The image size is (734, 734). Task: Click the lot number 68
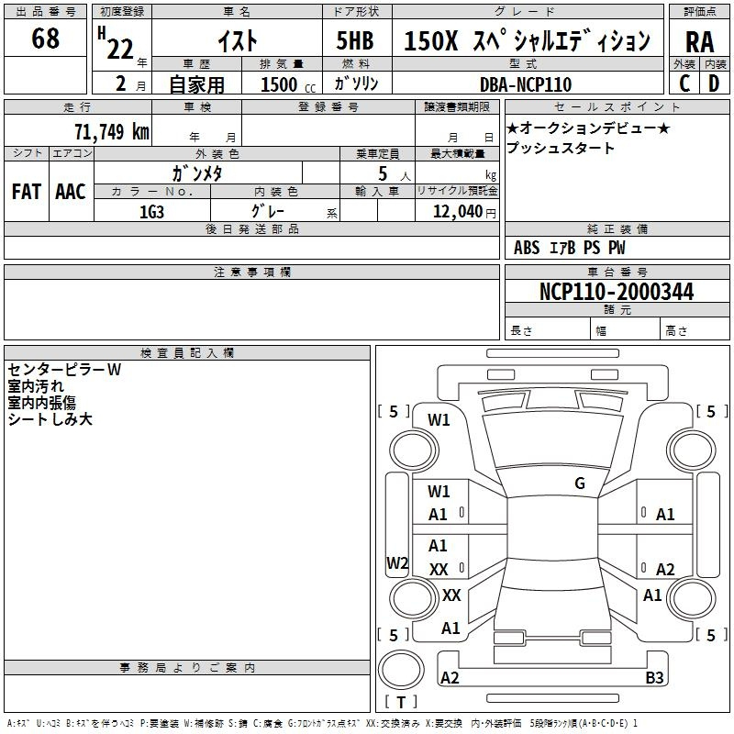[x=45, y=38]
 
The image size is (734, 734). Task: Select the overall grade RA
[x=699, y=42]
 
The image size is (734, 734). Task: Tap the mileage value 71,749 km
[x=112, y=131]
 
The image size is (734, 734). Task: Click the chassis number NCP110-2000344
[x=617, y=291]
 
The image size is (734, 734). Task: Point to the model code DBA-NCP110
[x=526, y=84]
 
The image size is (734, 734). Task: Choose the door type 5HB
[x=355, y=40]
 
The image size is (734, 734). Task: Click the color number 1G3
[x=151, y=212]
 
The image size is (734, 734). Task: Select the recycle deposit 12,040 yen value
[x=464, y=212]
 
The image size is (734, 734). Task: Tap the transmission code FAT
[x=27, y=192]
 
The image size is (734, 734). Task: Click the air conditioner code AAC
[x=71, y=192]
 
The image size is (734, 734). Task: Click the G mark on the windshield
[x=580, y=484]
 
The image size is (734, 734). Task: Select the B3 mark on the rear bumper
[x=654, y=677]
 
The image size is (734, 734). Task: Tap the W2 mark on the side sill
[x=397, y=562]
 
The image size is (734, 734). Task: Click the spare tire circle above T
[x=401, y=670]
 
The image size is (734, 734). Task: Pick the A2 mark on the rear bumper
[x=450, y=677]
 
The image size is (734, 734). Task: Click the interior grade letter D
[x=714, y=83]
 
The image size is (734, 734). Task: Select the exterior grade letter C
[x=684, y=83]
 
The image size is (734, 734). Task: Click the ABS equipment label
[x=527, y=248]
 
